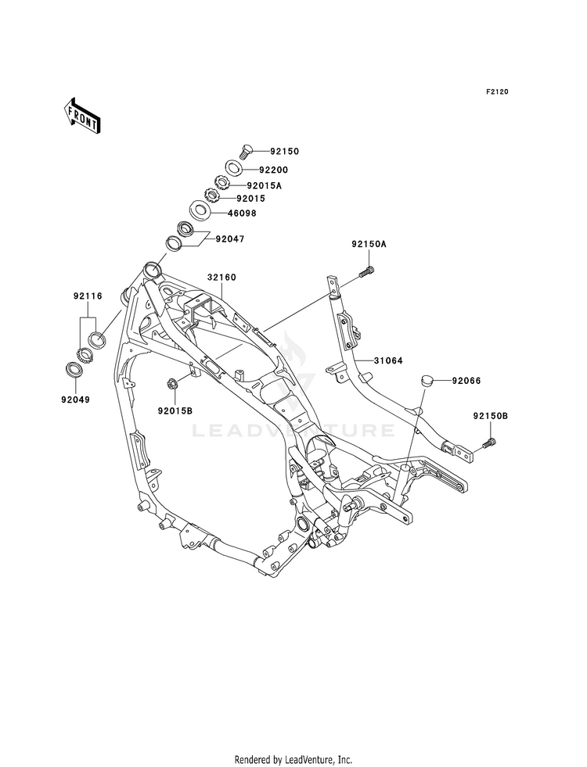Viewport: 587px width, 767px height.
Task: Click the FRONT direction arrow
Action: tap(81, 115)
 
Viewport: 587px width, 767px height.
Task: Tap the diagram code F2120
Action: tap(497, 91)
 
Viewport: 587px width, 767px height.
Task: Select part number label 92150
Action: tap(286, 152)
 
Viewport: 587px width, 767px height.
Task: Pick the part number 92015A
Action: tap(265, 185)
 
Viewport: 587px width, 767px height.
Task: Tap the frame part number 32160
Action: tap(221, 278)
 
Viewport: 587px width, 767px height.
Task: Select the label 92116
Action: tap(88, 296)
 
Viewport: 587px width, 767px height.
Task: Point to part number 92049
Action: tap(75, 400)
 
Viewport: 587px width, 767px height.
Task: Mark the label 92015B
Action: tap(175, 411)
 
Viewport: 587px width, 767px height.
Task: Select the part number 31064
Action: tap(388, 361)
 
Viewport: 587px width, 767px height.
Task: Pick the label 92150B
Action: tap(491, 416)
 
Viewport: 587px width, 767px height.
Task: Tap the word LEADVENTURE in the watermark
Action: tap(293, 431)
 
